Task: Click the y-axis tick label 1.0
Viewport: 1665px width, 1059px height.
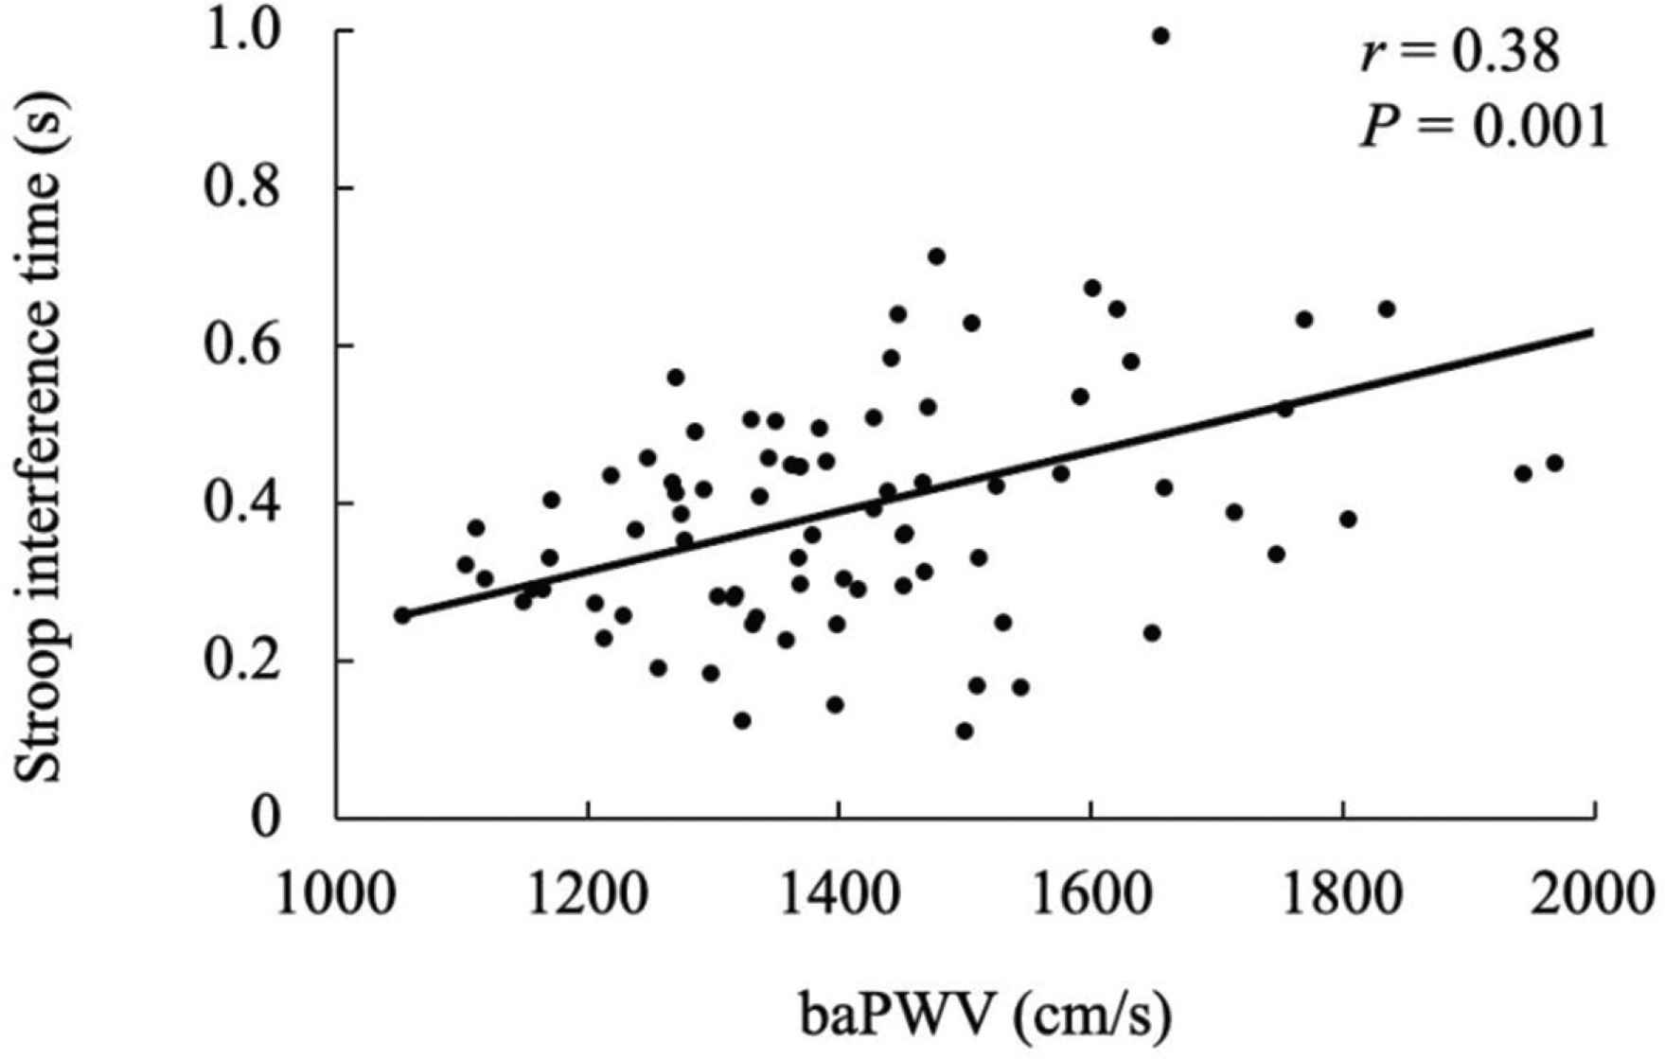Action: click(x=249, y=32)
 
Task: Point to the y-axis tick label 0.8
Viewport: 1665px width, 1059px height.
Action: click(x=249, y=188)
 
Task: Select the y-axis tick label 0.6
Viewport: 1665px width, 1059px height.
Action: click(x=249, y=346)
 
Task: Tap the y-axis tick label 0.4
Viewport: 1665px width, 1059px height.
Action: click(x=249, y=503)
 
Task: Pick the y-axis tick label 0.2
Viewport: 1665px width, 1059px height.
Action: click(x=249, y=661)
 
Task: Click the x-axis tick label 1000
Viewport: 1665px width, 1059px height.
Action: click(x=336, y=891)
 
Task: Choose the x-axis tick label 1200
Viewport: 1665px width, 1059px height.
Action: click(x=588, y=891)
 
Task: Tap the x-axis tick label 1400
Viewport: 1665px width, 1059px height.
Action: click(x=839, y=891)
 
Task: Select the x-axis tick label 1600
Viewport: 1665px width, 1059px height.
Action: click(x=1090, y=891)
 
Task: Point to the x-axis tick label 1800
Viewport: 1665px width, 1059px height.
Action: click(x=1342, y=891)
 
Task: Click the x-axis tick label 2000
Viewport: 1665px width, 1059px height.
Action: click(x=1593, y=891)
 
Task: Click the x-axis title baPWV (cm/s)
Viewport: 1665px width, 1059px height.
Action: click(x=985, y=1015)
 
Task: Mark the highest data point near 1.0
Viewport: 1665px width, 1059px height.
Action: click(x=1160, y=36)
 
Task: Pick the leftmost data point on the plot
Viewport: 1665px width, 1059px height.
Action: click(x=402, y=615)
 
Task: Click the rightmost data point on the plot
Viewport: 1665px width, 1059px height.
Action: click(x=1554, y=464)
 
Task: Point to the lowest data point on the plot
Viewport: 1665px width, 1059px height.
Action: click(x=965, y=731)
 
